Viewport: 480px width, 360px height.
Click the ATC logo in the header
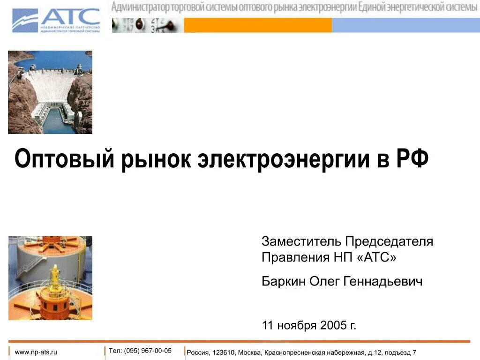56,20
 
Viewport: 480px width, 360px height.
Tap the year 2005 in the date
333,325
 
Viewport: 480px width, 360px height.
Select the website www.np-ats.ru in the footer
36,352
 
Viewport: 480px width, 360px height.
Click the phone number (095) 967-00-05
148,351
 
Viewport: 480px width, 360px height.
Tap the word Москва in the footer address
249,352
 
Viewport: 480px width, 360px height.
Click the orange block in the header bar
257,25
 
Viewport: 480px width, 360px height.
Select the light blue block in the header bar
405,25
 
